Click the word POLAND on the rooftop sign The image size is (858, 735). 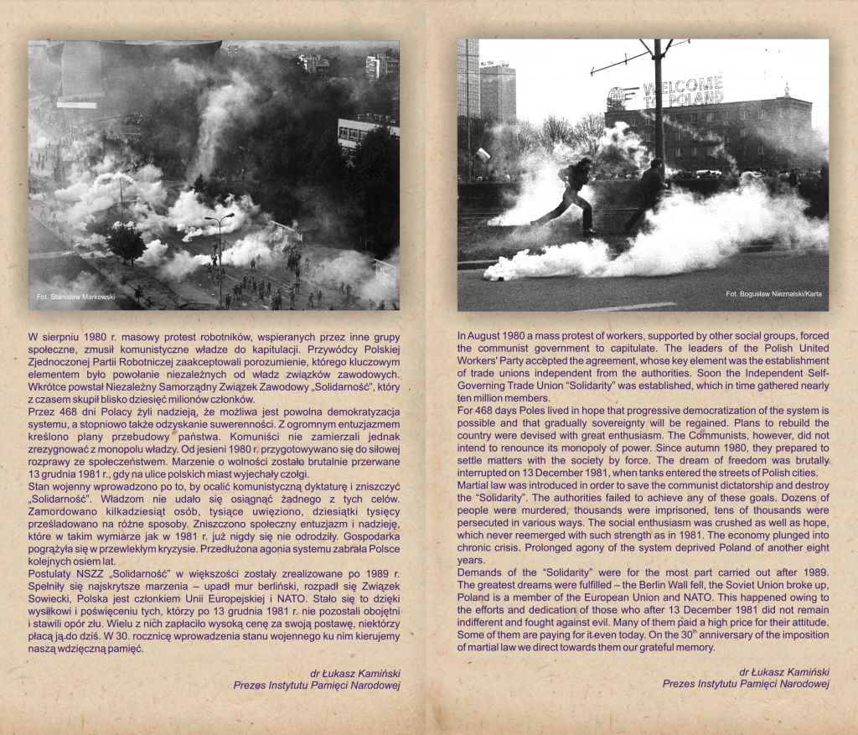pyautogui.click(x=695, y=99)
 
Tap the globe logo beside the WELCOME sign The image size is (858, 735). pyautogui.click(x=618, y=97)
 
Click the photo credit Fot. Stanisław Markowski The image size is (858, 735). pyautogui.click(x=76, y=297)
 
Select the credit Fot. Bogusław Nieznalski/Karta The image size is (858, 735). pyautogui.click(x=773, y=294)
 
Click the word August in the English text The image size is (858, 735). pyautogui.click(x=486, y=336)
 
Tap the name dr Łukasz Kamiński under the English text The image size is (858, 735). pyautogui.click(x=784, y=671)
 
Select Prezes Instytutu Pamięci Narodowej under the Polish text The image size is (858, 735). pyautogui.click(x=317, y=685)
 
